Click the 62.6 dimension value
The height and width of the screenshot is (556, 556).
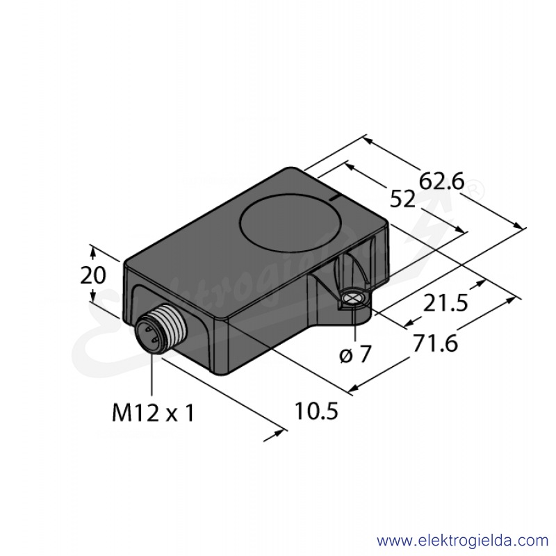point(441,182)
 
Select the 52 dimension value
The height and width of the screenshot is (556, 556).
point(402,199)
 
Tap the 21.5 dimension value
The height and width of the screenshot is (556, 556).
point(445,303)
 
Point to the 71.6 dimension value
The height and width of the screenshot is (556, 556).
point(436,343)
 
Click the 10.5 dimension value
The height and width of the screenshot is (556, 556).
point(316,411)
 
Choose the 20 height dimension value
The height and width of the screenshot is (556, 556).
point(93,275)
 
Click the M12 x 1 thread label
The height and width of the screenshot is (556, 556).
point(153,413)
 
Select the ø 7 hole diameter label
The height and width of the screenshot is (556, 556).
point(355,354)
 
